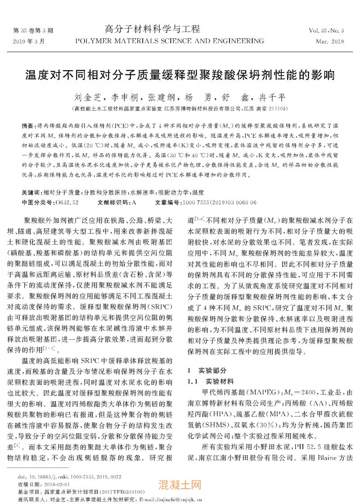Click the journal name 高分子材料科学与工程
tap(152, 30)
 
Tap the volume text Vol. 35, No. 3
tap(326, 31)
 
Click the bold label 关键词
tap(31, 192)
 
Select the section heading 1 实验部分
tap(207, 371)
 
